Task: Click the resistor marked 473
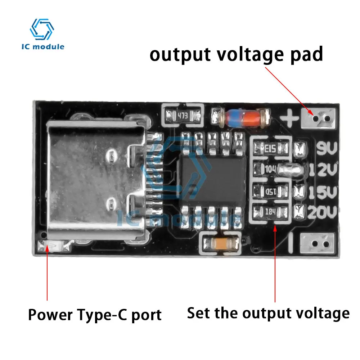(x=183, y=116)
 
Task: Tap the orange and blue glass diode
(x=245, y=117)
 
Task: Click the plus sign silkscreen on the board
(x=290, y=117)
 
